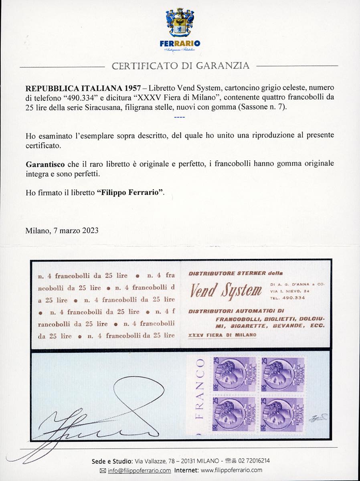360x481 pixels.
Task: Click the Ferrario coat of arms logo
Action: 180,23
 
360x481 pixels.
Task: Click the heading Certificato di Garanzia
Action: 180,66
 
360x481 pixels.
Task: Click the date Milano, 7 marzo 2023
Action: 62,230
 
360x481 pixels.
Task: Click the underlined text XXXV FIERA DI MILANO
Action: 222,335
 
